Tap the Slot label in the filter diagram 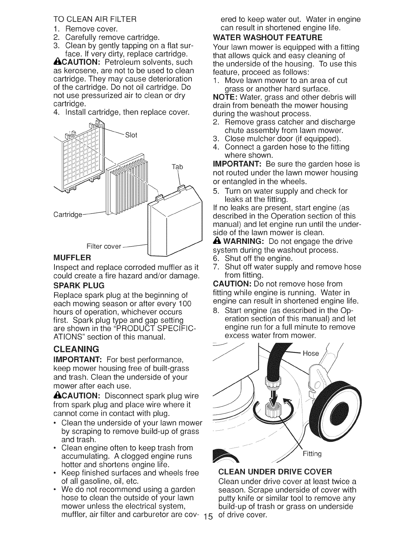131,135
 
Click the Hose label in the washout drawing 310,353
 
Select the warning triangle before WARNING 216,241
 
